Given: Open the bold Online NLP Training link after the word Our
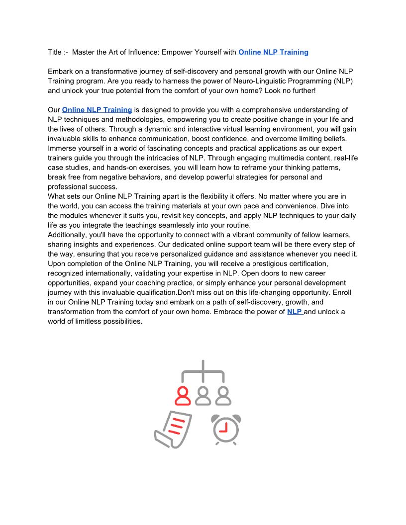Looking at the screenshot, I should point(97,110).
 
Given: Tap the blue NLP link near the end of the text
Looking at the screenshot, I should point(295,312).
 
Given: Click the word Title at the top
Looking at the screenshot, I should point(55,52).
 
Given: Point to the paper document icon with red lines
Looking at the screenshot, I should point(173,429).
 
